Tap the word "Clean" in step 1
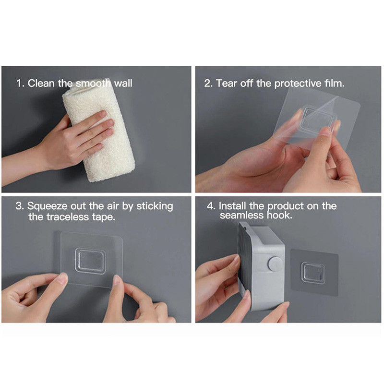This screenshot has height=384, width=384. (41, 83)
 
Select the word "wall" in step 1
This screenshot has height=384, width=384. (123, 83)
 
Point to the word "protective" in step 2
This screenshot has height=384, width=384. (298, 84)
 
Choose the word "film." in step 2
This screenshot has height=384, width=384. (335, 83)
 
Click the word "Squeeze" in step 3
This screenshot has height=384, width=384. (47, 206)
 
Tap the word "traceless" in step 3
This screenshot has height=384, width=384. (68, 217)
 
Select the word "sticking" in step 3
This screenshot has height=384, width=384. (155, 206)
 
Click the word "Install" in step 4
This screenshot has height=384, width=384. (232, 206)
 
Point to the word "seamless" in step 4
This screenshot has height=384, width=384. (241, 216)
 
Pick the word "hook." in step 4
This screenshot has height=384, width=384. (279, 216)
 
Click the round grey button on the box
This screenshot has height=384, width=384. (276, 264)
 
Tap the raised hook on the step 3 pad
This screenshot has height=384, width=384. (90, 261)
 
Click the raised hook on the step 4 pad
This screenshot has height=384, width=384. (313, 273)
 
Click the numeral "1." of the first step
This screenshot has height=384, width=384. (21, 84)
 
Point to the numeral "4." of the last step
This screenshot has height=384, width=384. (211, 206)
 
